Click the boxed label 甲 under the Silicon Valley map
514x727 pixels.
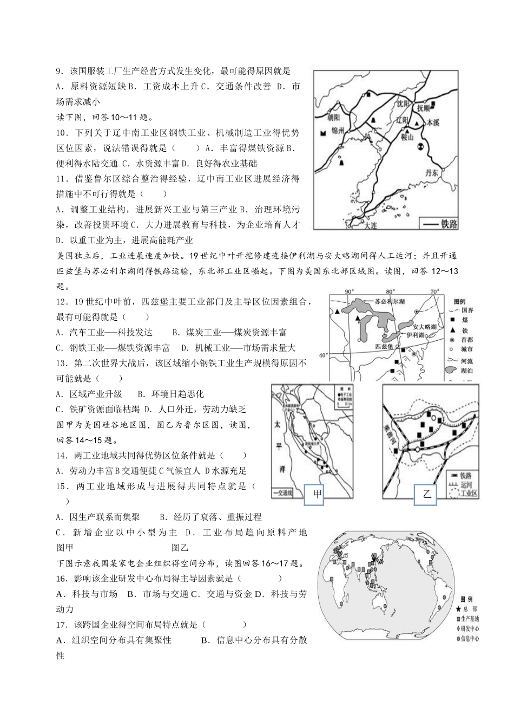tap(314, 494)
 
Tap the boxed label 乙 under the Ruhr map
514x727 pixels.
tap(426, 494)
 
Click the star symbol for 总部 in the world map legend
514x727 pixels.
tap(458, 609)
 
